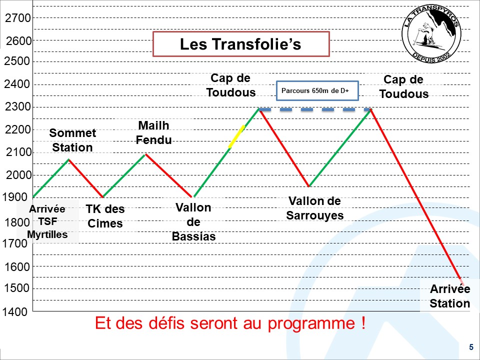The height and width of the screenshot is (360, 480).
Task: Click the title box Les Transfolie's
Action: [x=241, y=44]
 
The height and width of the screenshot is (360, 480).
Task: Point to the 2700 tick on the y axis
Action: [x=18, y=18]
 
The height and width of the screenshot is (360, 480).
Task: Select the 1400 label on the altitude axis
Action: [x=15, y=312]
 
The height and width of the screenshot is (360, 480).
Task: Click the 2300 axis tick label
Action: [x=18, y=107]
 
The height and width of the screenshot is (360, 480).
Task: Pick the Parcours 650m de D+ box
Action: [x=317, y=90]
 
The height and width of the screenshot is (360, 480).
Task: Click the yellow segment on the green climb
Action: [x=236, y=137]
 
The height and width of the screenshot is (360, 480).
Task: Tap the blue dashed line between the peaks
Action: [x=314, y=109]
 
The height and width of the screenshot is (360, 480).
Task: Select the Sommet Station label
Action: [x=72, y=140]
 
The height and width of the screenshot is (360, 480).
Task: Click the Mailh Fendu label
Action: [x=153, y=132]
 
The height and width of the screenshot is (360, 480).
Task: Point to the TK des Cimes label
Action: [x=105, y=216]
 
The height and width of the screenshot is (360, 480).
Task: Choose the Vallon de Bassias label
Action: [x=193, y=222]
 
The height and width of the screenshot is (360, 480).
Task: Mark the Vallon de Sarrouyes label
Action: [x=314, y=208]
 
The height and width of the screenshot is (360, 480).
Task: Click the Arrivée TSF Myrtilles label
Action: [x=47, y=221]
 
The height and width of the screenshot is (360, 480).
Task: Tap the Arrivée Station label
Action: [x=449, y=296]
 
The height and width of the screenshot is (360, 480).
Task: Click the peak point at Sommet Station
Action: [x=69, y=159]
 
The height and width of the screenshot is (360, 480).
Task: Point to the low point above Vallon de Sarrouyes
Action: [x=309, y=186]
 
